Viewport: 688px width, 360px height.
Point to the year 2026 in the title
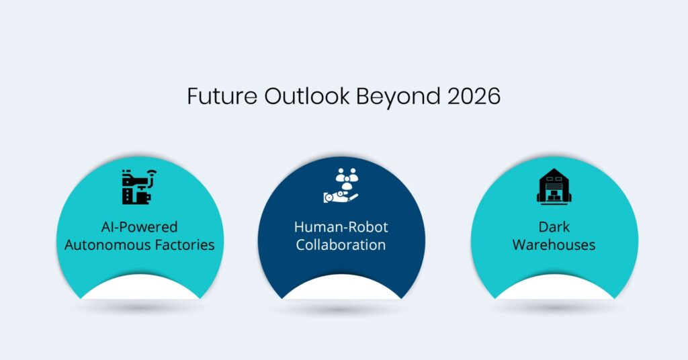[x=474, y=96]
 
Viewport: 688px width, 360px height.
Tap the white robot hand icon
[x=339, y=196]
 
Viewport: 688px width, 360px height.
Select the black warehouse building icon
[x=554, y=185]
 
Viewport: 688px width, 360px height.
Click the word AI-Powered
[x=140, y=226]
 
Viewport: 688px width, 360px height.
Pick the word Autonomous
[x=108, y=244]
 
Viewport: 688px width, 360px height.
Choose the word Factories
[x=185, y=244]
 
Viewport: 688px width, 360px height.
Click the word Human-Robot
[x=341, y=226]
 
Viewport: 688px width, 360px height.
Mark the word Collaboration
[x=341, y=244]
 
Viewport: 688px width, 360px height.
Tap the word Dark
[x=554, y=226]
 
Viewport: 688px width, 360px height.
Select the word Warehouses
[x=554, y=244]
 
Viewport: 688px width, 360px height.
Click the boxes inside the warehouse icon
[x=554, y=194]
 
